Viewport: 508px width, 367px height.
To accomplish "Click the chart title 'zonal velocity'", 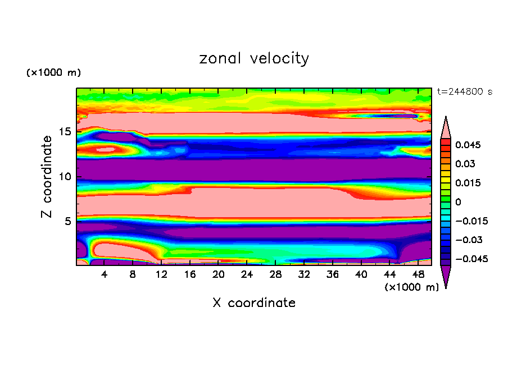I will coord(254,58).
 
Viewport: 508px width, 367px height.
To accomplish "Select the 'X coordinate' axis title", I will coord(254,303).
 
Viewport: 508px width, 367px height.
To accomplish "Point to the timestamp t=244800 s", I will coord(464,92).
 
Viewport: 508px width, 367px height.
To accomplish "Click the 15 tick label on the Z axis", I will coord(65,132).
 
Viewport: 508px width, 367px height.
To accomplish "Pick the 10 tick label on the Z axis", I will coord(65,176).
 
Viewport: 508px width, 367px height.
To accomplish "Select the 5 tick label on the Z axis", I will coord(68,221).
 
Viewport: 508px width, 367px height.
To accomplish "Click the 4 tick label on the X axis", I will coord(105,275).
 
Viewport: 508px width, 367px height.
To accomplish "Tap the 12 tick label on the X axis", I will coord(161,275).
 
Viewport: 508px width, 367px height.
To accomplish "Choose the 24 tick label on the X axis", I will coord(247,275).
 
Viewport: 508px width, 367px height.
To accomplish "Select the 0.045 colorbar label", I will coord(469,145).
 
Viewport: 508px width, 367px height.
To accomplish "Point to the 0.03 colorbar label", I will coord(466,164).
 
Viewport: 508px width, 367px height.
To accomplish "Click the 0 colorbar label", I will coord(457,202).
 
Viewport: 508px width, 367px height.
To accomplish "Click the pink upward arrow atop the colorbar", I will coord(446,127).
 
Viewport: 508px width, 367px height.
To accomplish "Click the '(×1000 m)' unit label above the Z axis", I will coord(53,73).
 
